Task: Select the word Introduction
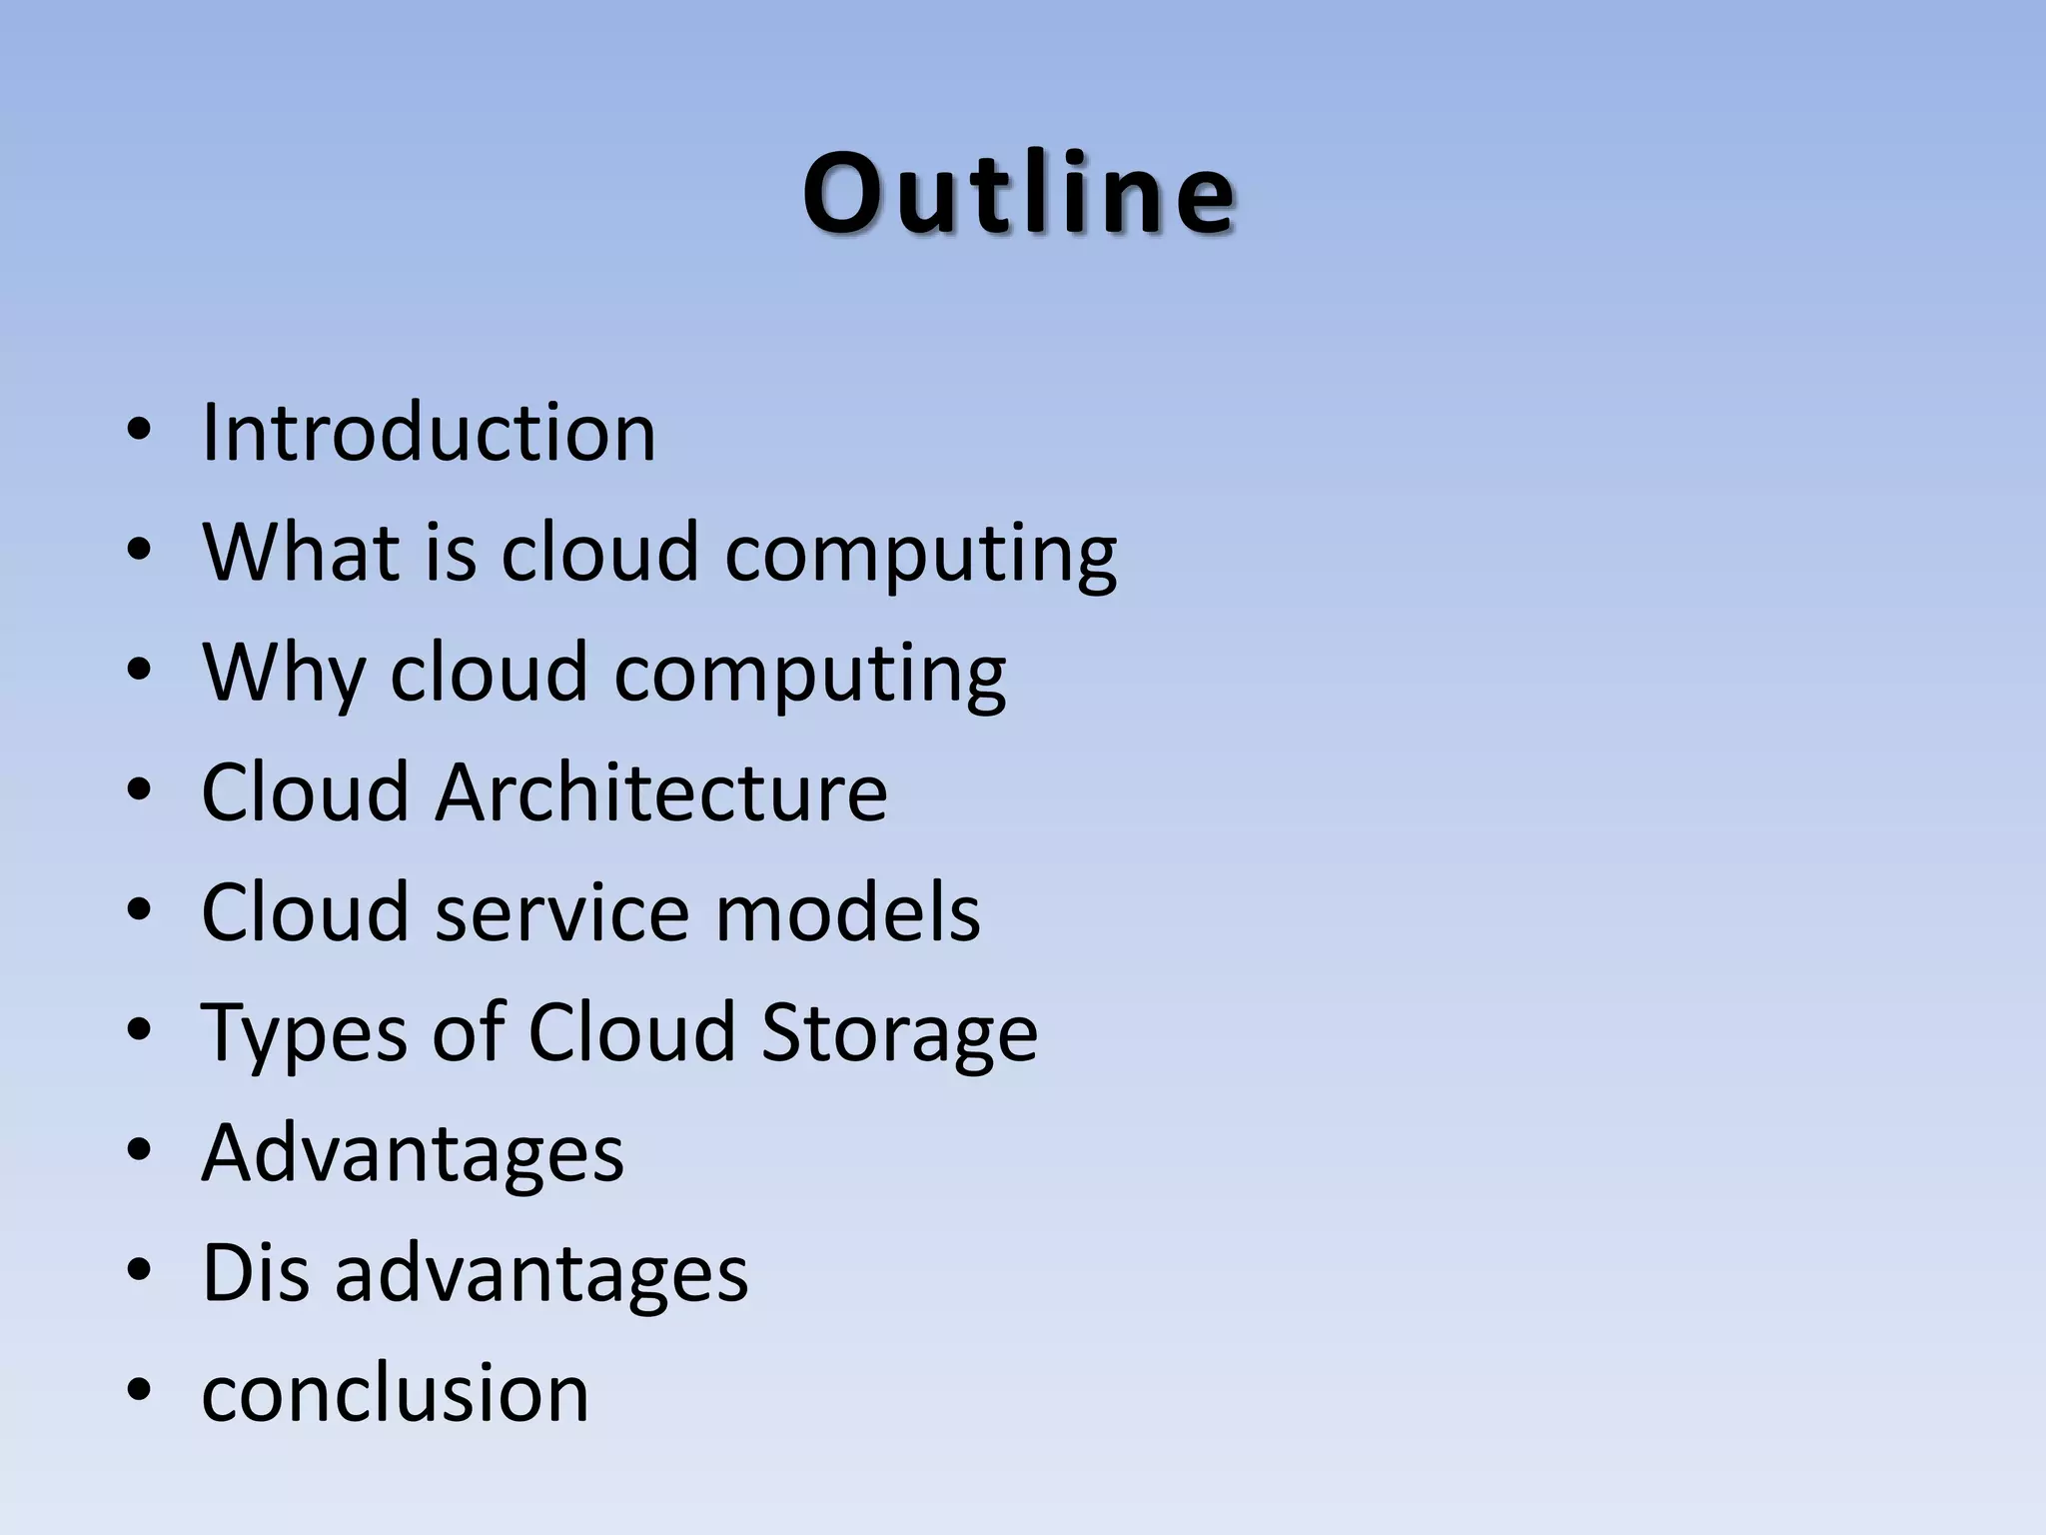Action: (x=429, y=432)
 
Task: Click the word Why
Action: (x=284, y=672)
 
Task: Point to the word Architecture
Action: (x=660, y=791)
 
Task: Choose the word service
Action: (x=561, y=911)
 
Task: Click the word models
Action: (x=848, y=911)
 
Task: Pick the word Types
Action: (x=304, y=1033)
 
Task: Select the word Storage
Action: (x=899, y=1033)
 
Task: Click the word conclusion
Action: (x=395, y=1392)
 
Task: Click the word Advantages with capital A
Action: (x=413, y=1153)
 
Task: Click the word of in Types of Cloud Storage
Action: (x=468, y=1031)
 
